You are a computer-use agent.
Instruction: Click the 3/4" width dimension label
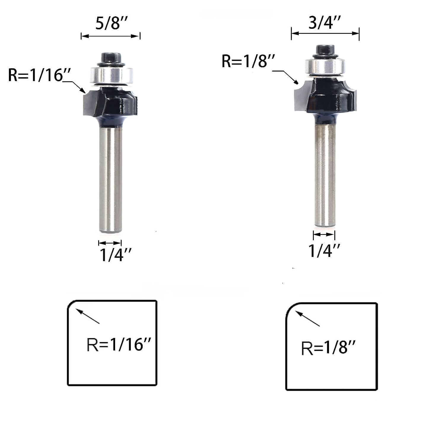coord(325,22)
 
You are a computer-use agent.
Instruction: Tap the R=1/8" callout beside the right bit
coord(249,61)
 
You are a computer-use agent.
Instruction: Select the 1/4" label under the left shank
coord(115,255)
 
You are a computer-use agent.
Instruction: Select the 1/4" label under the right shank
coord(324,251)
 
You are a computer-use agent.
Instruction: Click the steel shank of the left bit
coord(110,178)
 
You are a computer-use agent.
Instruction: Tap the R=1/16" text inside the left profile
coord(119,344)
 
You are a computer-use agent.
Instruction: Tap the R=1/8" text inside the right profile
coord(328,347)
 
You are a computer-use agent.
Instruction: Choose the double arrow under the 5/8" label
coord(110,36)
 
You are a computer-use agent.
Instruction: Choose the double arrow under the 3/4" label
coord(325,34)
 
